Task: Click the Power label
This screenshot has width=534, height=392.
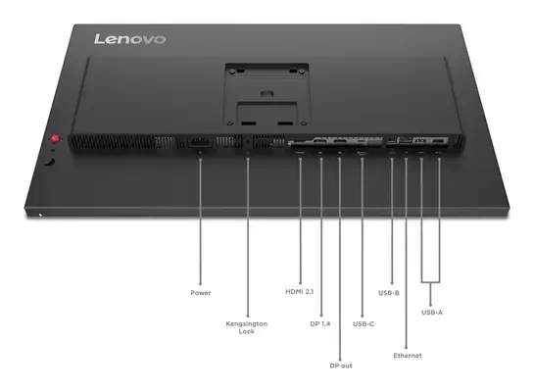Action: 200,292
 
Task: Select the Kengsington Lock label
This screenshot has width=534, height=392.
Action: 247,327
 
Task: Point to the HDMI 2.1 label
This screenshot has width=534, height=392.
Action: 299,292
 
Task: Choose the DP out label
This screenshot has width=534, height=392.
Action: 340,365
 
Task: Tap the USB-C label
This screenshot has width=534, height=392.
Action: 363,322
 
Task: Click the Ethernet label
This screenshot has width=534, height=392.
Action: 407,354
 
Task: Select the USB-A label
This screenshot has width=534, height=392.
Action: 432,313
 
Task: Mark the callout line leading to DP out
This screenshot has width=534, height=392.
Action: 340,255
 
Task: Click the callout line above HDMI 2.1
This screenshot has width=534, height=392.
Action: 299,220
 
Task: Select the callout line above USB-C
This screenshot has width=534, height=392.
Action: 363,235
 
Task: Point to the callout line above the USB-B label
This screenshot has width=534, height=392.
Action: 392,220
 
